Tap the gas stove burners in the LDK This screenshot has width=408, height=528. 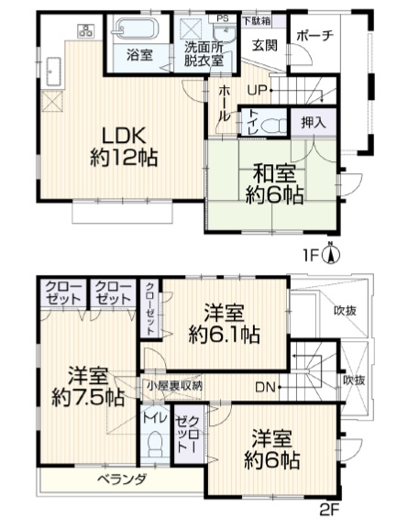(x=86, y=30)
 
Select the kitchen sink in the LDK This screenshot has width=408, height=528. (x=51, y=72)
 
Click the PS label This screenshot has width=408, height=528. (x=222, y=18)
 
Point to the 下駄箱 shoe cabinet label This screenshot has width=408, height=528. (x=257, y=20)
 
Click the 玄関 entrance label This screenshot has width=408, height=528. (x=265, y=45)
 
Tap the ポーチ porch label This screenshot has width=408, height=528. (x=315, y=36)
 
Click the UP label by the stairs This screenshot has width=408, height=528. (x=257, y=90)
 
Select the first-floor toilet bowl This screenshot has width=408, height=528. (x=273, y=126)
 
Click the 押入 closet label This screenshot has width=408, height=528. (x=314, y=123)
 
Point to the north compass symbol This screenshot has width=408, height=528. (x=331, y=253)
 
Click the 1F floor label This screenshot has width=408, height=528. (x=311, y=256)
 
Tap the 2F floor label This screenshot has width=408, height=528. (x=328, y=510)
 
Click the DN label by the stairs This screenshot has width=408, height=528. (x=266, y=387)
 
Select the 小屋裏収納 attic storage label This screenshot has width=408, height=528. (x=174, y=386)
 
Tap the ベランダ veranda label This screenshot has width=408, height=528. (x=122, y=478)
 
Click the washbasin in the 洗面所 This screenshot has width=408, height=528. (x=225, y=35)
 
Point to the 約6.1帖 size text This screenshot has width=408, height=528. (x=224, y=334)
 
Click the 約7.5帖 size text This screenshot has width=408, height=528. (x=88, y=398)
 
